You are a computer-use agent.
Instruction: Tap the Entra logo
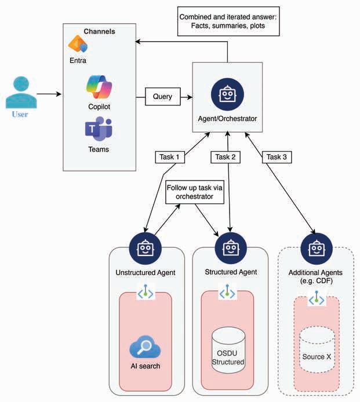pyautogui.click(x=77, y=45)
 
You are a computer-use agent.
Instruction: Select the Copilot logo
pyautogui.click(x=99, y=87)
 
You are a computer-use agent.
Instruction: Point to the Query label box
pyautogui.click(x=162, y=97)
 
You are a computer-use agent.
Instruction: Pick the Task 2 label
pyautogui.click(x=226, y=156)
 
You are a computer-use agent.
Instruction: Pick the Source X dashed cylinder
pyautogui.click(x=317, y=348)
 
